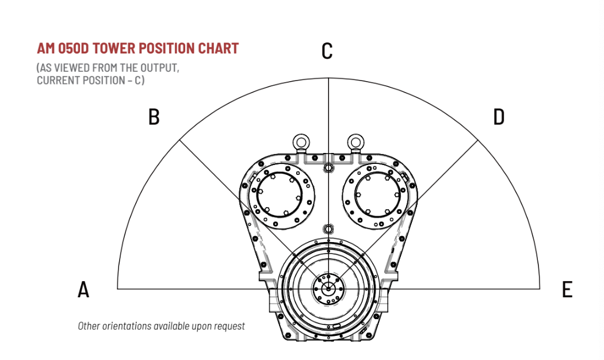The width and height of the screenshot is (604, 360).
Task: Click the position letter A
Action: [83, 289]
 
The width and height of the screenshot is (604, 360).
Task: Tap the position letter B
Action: [154, 117]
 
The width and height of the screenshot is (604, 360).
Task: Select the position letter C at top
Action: [327, 51]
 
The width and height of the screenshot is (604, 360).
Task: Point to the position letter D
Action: [499, 117]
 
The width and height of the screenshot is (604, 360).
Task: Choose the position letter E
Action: [567, 289]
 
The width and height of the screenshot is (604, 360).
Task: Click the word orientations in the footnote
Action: [127, 326]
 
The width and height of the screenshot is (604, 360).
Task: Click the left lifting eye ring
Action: [300, 141]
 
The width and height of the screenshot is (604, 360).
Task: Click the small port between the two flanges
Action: [328, 167]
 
